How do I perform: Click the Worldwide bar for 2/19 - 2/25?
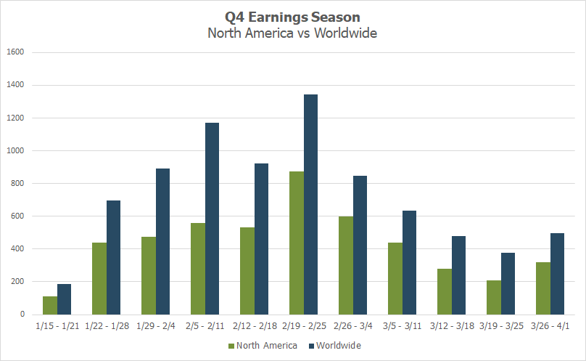[310, 204]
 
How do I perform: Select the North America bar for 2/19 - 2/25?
[297, 243]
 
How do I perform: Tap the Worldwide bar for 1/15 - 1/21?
[65, 299]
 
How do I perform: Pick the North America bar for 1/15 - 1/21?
[50, 305]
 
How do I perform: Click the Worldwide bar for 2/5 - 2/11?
[212, 219]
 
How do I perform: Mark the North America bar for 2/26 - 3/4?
[346, 265]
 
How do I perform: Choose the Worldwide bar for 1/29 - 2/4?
[162, 241]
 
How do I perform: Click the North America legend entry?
[263, 346]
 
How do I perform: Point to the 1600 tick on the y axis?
[15, 52]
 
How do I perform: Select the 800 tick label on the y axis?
[17, 184]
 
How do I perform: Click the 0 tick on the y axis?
[22, 315]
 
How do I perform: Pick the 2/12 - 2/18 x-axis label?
[255, 326]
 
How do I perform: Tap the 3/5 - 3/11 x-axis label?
[402, 326]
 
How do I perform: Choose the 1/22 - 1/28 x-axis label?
[107, 326]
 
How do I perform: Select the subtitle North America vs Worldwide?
[292, 33]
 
